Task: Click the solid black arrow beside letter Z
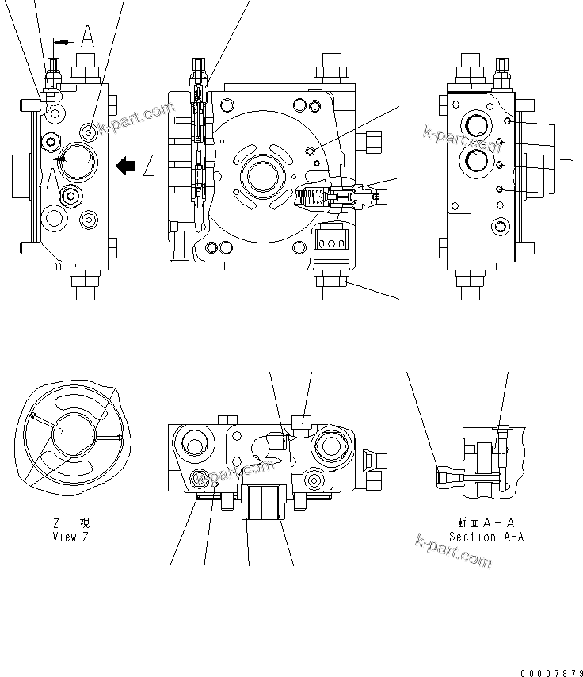click(x=126, y=165)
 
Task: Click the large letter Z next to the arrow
click(x=148, y=165)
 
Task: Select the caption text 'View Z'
click(x=70, y=536)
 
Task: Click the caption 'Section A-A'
click(x=486, y=536)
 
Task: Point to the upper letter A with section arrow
click(x=87, y=36)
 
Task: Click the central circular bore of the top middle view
click(x=261, y=174)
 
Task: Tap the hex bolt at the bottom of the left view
click(x=86, y=285)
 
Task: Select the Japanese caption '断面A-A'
click(x=486, y=522)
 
